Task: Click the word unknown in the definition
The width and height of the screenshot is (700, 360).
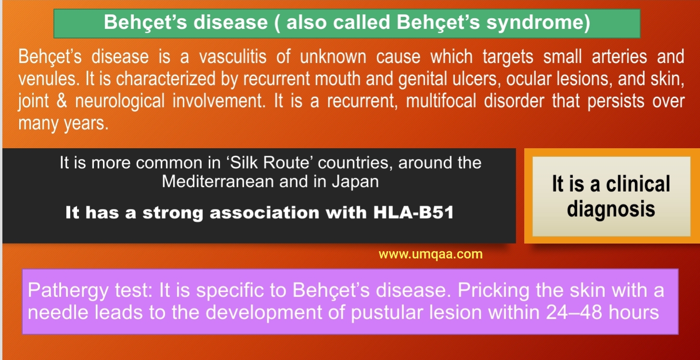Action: pos(333,57)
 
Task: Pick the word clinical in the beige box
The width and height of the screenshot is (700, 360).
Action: pos(638,184)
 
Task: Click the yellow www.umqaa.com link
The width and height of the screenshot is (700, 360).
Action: pos(430,254)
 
